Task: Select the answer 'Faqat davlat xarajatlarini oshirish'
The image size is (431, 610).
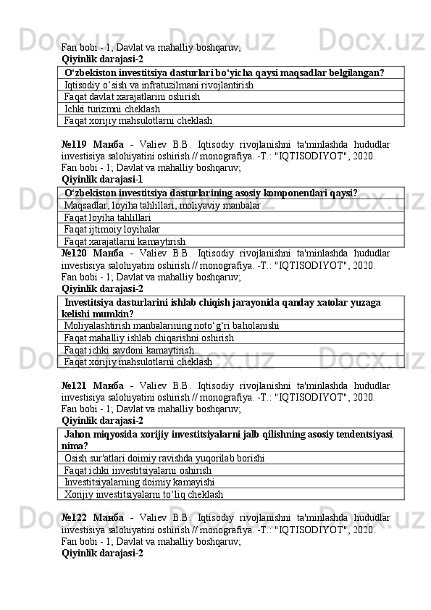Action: tap(132, 96)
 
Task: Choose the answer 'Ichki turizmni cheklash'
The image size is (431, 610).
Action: tap(112, 109)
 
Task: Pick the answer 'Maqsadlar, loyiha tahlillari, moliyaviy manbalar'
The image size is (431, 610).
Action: tap(162, 206)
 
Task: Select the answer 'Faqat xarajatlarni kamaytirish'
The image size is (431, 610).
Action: tap(125, 241)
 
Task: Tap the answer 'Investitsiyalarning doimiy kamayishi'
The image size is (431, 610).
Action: tap(139, 482)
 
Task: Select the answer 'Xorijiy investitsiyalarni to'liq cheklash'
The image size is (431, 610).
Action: tap(143, 494)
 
